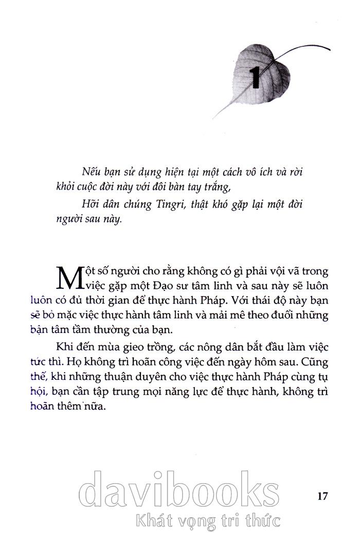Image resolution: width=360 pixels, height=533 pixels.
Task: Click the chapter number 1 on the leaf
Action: [x=255, y=77]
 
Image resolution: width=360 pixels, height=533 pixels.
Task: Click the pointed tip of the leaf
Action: [x=214, y=117]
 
